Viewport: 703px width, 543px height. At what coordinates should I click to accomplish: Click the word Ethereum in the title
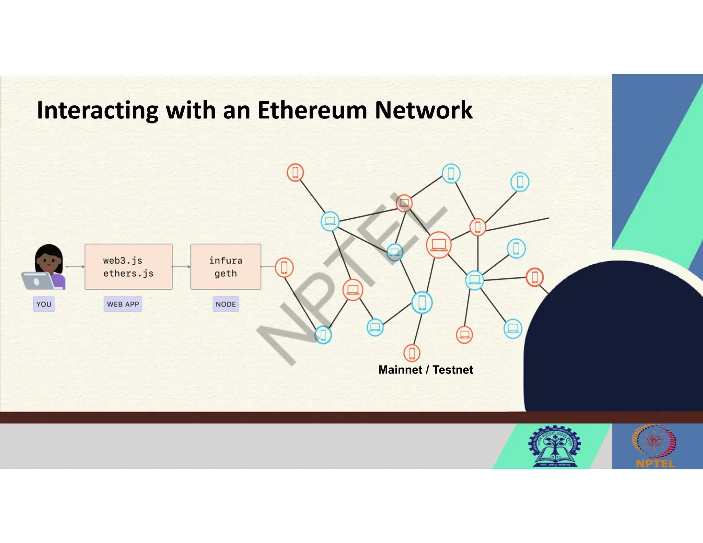312,110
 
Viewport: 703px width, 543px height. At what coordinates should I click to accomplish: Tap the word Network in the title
424,110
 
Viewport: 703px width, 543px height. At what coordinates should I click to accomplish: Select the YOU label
44,304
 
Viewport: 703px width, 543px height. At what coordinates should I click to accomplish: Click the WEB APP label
123,304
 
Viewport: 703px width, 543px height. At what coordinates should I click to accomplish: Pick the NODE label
226,304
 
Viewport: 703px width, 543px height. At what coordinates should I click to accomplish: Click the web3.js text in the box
123,261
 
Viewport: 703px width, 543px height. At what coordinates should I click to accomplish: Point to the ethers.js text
128,274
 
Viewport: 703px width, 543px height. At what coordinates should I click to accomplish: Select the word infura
226,261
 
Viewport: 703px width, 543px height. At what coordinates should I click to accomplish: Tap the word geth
226,274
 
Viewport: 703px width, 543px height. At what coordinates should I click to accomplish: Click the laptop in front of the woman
37,281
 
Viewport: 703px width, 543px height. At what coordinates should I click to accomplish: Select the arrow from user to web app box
75,266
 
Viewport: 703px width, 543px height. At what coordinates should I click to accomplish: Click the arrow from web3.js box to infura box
181,266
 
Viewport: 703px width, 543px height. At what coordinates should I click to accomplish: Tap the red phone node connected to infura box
284,267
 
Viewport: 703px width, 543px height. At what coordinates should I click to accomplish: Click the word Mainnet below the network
400,370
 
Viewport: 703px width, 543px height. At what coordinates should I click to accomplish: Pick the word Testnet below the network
453,370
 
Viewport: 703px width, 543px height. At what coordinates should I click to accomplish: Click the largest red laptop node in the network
439,245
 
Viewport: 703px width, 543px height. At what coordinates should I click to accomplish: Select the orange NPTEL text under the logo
655,464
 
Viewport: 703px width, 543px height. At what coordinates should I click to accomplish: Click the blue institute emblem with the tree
554,446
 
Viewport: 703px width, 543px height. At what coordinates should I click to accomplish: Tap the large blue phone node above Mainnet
422,302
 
